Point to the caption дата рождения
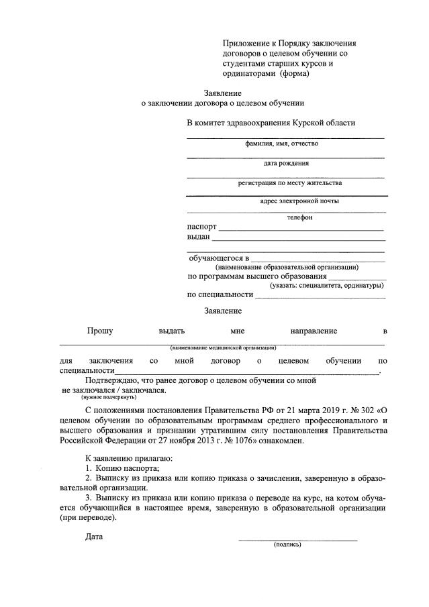point(286,163)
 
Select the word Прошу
point(99,331)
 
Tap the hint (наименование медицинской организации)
point(223,347)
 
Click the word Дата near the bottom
point(94,537)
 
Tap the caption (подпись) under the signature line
point(287,545)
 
